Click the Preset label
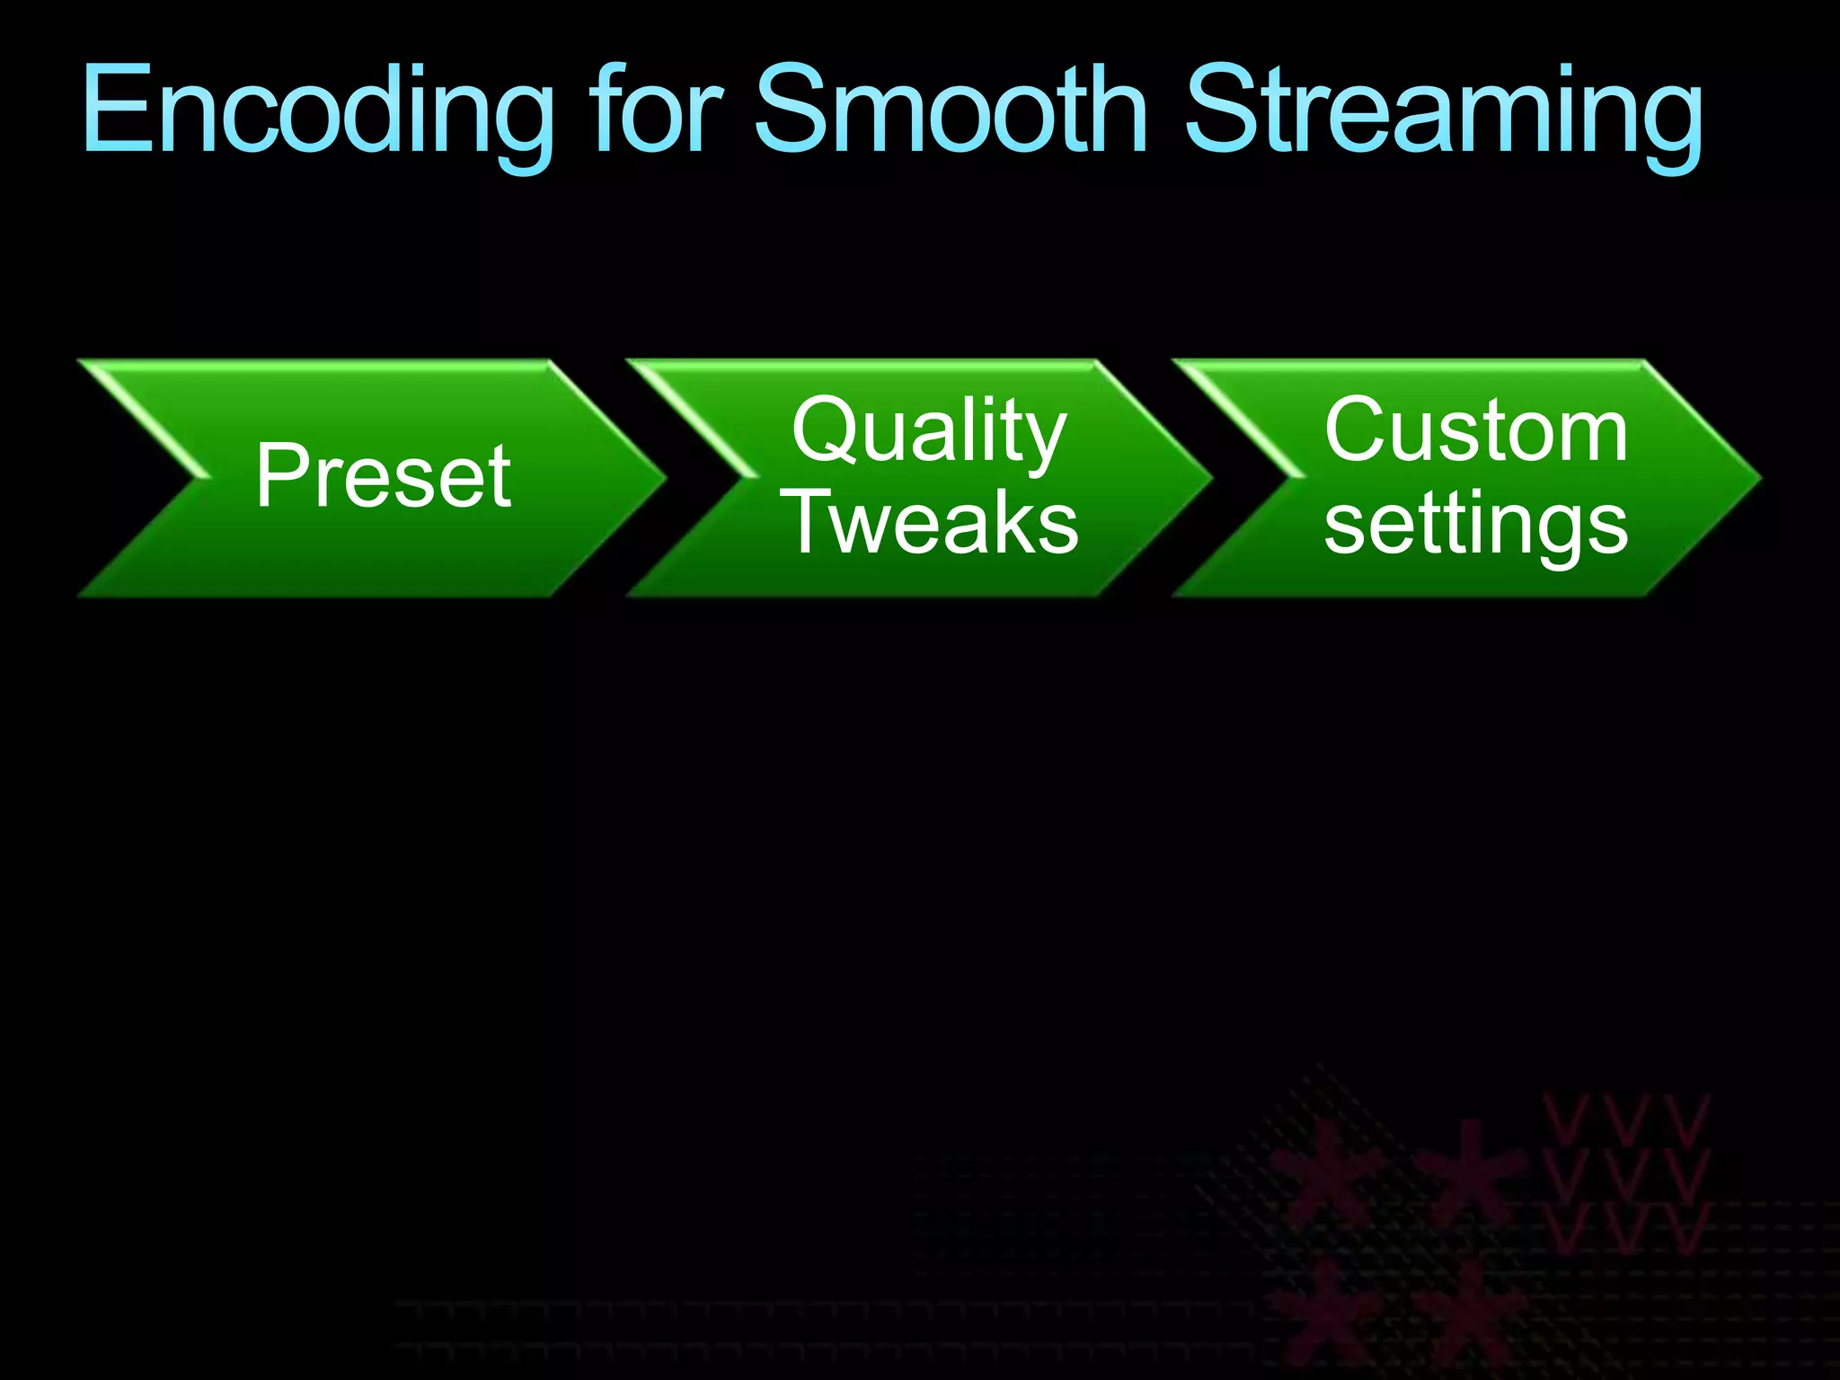384,476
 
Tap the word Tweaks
933,523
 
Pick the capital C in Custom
1358,429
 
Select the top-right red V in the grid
1685,1119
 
